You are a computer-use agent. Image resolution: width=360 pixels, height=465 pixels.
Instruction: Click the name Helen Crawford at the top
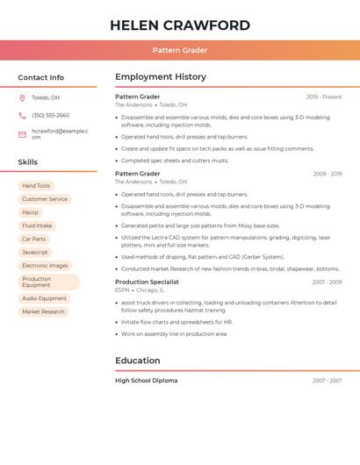point(180,25)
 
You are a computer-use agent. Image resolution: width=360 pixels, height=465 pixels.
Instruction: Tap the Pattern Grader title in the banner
point(180,51)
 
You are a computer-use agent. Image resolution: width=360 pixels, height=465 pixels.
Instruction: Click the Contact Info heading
point(41,77)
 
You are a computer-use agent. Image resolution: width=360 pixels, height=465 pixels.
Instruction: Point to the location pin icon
point(22,97)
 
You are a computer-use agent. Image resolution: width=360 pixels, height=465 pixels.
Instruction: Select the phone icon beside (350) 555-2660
point(22,116)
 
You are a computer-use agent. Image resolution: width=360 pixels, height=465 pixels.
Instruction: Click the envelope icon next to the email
point(22,134)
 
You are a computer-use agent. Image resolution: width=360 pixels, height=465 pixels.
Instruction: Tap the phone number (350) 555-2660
point(50,116)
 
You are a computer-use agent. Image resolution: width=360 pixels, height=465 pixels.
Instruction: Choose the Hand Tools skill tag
point(36,186)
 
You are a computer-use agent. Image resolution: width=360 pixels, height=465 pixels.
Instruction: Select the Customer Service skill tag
point(45,199)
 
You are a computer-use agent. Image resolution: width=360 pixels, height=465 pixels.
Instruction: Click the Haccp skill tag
point(31,212)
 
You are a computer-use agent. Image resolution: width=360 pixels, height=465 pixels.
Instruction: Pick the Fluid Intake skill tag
point(37,225)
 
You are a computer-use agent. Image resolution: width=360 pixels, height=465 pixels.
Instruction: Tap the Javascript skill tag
point(35,252)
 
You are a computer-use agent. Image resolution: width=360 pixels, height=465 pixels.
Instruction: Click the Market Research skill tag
point(44,311)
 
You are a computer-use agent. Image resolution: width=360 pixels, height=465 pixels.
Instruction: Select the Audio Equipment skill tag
point(45,298)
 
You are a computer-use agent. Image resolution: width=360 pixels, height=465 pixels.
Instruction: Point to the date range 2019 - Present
point(323,97)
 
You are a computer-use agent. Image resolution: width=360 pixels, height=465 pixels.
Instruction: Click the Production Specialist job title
point(147,283)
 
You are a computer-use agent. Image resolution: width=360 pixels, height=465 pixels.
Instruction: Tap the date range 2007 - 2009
point(327,283)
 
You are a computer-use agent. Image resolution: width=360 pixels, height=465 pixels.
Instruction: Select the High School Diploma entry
point(146,381)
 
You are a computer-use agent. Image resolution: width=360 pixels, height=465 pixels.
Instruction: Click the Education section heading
point(138,361)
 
